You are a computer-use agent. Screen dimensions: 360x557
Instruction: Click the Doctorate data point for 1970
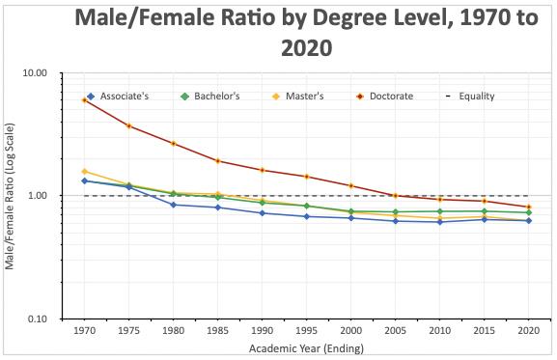point(85,99)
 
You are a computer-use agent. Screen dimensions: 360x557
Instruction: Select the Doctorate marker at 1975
point(129,125)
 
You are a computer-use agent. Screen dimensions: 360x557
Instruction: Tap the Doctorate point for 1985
point(218,161)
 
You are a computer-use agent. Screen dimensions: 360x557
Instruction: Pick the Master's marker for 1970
point(85,171)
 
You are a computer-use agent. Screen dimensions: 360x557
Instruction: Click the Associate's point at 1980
point(174,205)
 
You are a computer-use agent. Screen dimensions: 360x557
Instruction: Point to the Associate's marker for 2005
point(396,221)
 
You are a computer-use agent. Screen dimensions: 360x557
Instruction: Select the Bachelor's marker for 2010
point(440,211)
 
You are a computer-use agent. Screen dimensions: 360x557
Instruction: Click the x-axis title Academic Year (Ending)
point(307,347)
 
